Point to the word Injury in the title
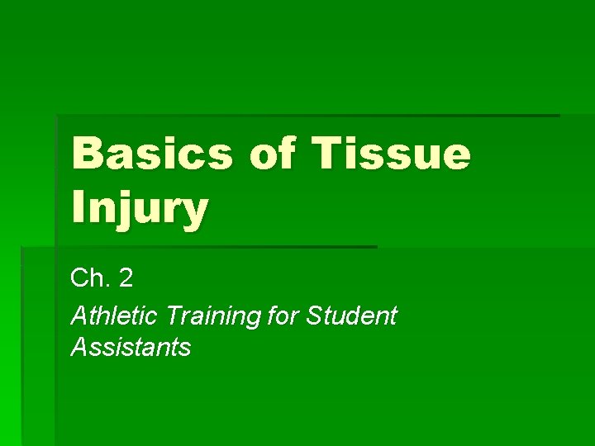click(x=139, y=208)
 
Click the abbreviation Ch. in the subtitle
click(x=90, y=278)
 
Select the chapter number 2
click(x=125, y=278)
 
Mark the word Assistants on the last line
click(x=131, y=347)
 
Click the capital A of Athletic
click(x=80, y=315)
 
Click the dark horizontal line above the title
click(x=307, y=115)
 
